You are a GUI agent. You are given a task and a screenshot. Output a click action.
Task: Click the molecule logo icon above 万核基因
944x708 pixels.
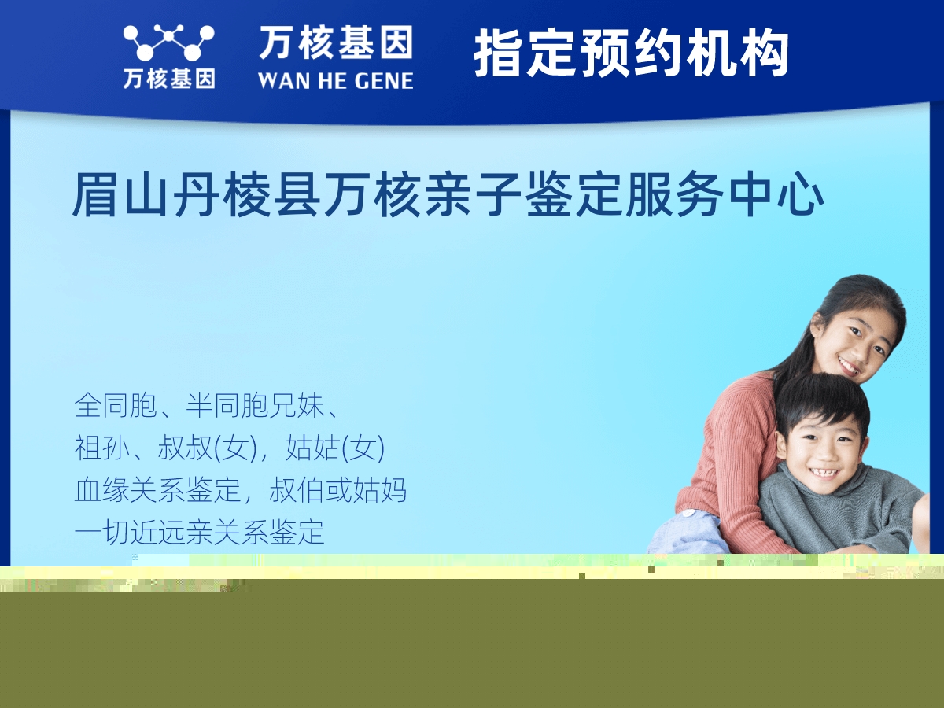pyautogui.click(x=168, y=42)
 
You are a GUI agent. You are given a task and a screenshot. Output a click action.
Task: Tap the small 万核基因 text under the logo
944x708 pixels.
pyautogui.click(x=168, y=79)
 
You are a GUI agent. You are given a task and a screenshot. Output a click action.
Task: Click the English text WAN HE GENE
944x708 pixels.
pyautogui.click(x=335, y=80)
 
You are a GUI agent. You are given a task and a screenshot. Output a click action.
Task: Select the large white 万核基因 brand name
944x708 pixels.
pyautogui.click(x=335, y=42)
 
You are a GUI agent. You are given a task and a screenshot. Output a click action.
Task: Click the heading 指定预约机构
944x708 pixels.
pyautogui.click(x=631, y=53)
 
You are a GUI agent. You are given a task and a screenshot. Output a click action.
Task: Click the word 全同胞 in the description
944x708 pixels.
pyautogui.click(x=116, y=407)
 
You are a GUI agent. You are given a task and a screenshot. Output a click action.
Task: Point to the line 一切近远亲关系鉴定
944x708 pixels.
pyautogui.click(x=199, y=533)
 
